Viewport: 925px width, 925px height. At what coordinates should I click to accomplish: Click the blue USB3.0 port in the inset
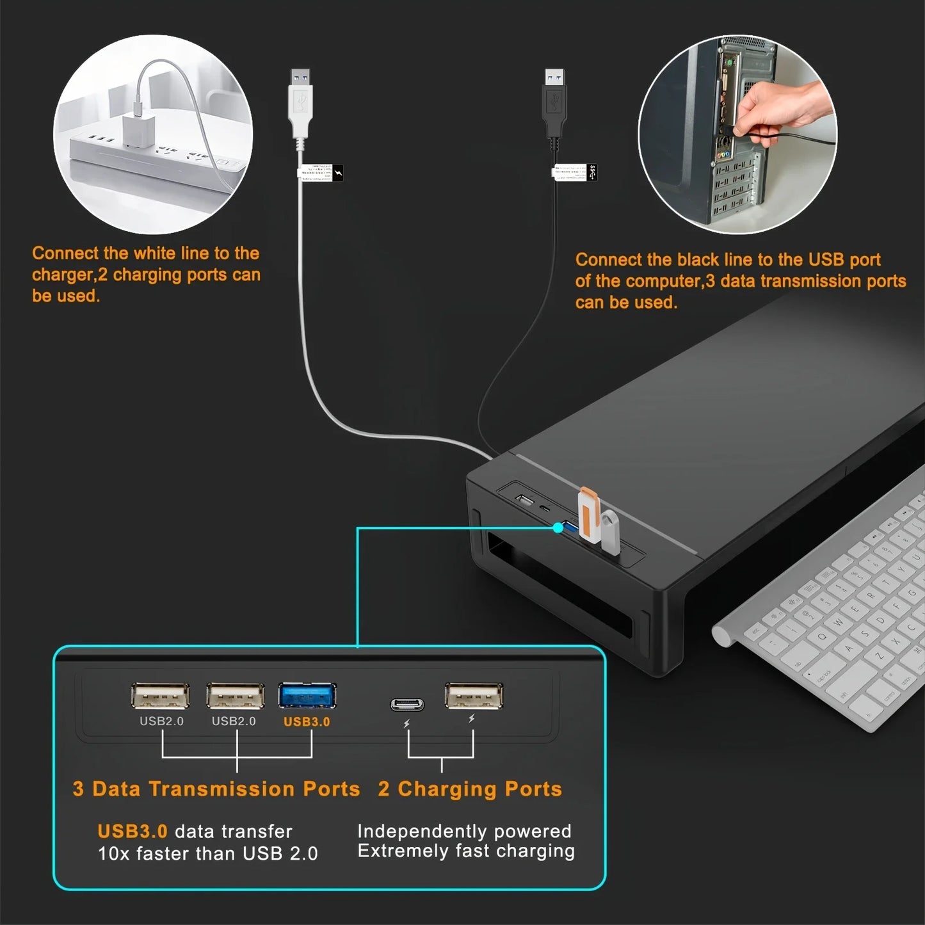[x=307, y=696]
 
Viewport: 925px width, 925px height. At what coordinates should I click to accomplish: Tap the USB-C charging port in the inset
[x=407, y=705]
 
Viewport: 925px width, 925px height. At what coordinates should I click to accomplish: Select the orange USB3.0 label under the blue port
[x=307, y=721]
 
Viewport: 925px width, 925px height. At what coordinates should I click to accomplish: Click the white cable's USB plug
[x=300, y=102]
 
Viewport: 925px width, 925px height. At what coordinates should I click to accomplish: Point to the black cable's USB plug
[x=554, y=102]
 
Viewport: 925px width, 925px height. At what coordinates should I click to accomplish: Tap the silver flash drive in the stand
[x=610, y=531]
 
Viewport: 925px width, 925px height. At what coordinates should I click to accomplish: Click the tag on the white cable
[x=320, y=172]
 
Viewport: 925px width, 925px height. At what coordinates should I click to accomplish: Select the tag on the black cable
[x=574, y=172]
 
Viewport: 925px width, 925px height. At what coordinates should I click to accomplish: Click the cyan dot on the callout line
[x=558, y=527]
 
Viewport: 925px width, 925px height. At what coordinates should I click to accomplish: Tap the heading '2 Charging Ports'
[x=470, y=789]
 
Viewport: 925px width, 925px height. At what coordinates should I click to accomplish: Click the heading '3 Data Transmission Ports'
[x=216, y=789]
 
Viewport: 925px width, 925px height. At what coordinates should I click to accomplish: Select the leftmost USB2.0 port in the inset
[x=160, y=696]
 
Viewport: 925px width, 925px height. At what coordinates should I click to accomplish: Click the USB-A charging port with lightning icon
[x=474, y=696]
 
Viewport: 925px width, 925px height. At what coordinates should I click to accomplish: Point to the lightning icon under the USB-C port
[x=406, y=724]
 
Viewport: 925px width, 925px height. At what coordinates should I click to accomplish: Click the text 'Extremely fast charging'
[x=466, y=851]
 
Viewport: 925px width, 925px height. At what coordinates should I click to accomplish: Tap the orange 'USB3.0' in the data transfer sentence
[x=133, y=831]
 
